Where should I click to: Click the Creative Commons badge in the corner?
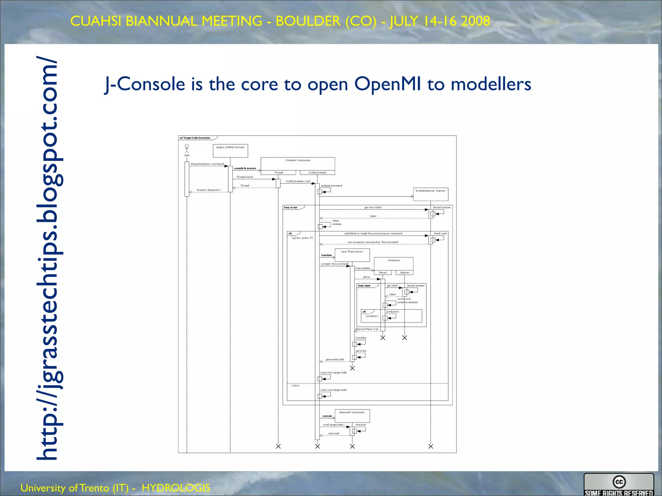pyautogui.click(x=619, y=484)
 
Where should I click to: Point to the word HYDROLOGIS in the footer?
pyautogui.click(x=176, y=488)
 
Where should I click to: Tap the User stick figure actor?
pyautogui.click(x=187, y=149)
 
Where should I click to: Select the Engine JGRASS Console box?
pyautogui.click(x=230, y=150)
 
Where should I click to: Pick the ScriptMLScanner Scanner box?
pyautogui.click(x=431, y=194)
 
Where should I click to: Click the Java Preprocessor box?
pyautogui.click(x=352, y=255)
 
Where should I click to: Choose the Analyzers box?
pyautogui.click(x=393, y=263)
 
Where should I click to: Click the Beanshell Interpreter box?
pyautogui.click(x=352, y=416)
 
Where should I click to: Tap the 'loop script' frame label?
pyautogui.click(x=291, y=207)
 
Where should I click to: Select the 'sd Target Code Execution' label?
pyautogui.click(x=195, y=138)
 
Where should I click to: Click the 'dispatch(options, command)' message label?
pyautogui.click(x=207, y=164)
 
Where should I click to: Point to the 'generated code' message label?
pyautogui.click(x=335, y=359)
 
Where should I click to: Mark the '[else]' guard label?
pyautogui.click(x=295, y=386)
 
